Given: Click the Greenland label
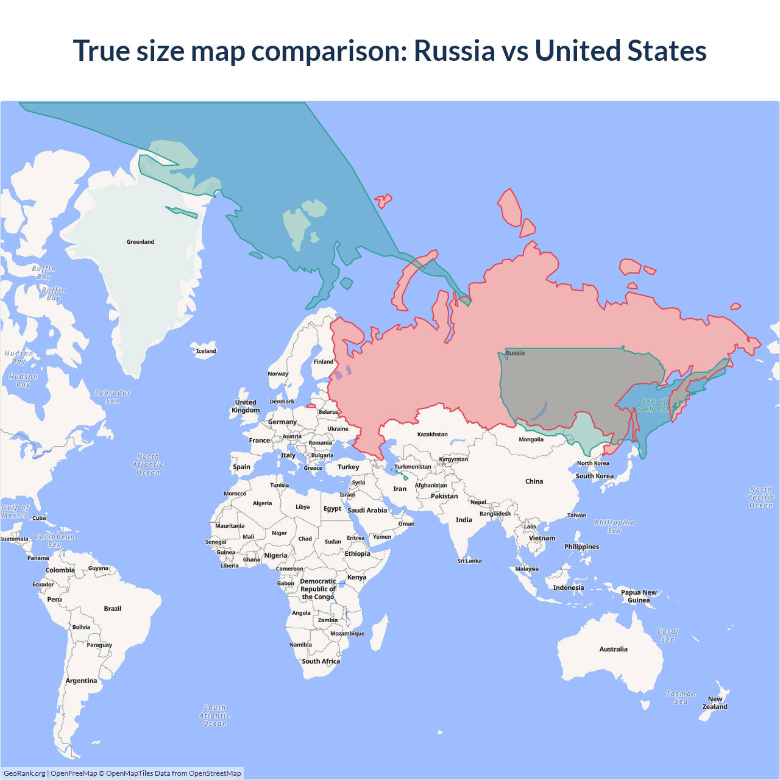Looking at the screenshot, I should [140, 242].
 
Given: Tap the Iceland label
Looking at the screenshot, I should [206, 351].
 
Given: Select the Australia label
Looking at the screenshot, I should [613, 650].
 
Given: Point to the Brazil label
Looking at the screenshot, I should [113, 609].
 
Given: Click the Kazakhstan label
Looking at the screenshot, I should [432, 434].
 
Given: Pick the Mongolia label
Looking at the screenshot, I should [531, 439].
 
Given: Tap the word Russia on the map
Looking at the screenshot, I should [515, 353].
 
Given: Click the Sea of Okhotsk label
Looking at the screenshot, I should [654, 405].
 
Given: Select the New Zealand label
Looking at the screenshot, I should [715, 703].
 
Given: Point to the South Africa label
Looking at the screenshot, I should [321, 661].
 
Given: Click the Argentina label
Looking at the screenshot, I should [81, 681].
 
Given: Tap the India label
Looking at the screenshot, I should [464, 520].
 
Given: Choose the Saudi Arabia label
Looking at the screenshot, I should [367, 510].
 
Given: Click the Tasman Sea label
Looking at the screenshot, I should [681, 698].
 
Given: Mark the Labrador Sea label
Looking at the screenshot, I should [113, 397].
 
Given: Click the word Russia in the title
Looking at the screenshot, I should [454, 51].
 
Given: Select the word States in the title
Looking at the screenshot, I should [667, 51].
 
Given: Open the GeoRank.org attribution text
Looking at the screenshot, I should [24, 773].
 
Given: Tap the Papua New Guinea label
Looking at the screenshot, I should [639, 596].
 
